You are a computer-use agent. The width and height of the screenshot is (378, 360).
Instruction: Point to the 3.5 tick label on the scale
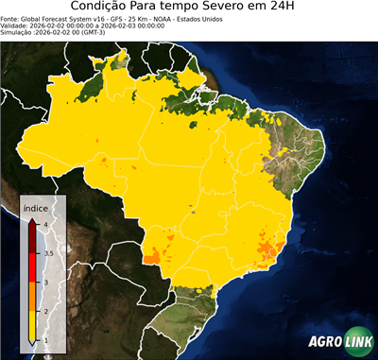click(x=47, y=253)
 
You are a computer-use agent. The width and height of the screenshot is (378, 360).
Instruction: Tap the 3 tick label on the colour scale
click(x=45, y=282)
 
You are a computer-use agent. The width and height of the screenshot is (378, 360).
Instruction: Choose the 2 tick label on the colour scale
click(x=45, y=311)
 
